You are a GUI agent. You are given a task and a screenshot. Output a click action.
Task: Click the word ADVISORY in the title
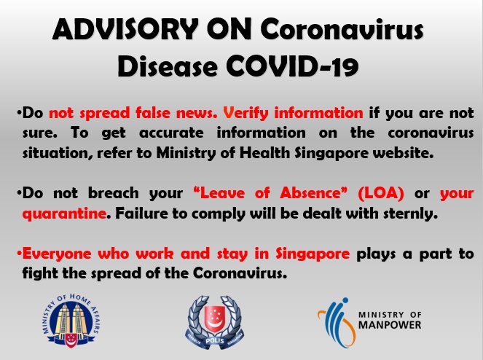tap(125, 30)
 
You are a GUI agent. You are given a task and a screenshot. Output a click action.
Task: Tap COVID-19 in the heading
tap(292, 66)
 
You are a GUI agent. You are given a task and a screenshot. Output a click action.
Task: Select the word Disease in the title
tap(168, 66)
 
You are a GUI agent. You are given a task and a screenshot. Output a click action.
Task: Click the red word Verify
tap(246, 113)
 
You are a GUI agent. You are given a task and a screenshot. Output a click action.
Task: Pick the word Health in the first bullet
tap(264, 153)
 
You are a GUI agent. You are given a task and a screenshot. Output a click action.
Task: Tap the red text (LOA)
tap(381, 193)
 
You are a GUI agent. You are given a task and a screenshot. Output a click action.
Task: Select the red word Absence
tap(313, 193)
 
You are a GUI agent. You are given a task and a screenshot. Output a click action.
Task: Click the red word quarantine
tap(64, 214)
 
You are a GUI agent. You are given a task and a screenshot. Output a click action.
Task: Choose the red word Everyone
tap(57, 254)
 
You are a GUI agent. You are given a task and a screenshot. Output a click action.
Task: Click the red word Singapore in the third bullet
tap(313, 254)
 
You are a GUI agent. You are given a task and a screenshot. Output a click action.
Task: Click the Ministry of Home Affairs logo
tap(71, 321)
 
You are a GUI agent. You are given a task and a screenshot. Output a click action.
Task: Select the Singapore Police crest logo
tap(215, 322)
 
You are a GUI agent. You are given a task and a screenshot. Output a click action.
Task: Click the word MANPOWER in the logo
tap(390, 325)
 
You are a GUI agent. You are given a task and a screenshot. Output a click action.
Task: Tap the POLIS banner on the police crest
tap(215, 341)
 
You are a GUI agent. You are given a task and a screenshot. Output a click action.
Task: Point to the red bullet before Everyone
tap(19, 254)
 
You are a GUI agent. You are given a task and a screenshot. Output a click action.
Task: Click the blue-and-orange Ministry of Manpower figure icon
tap(337, 322)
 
